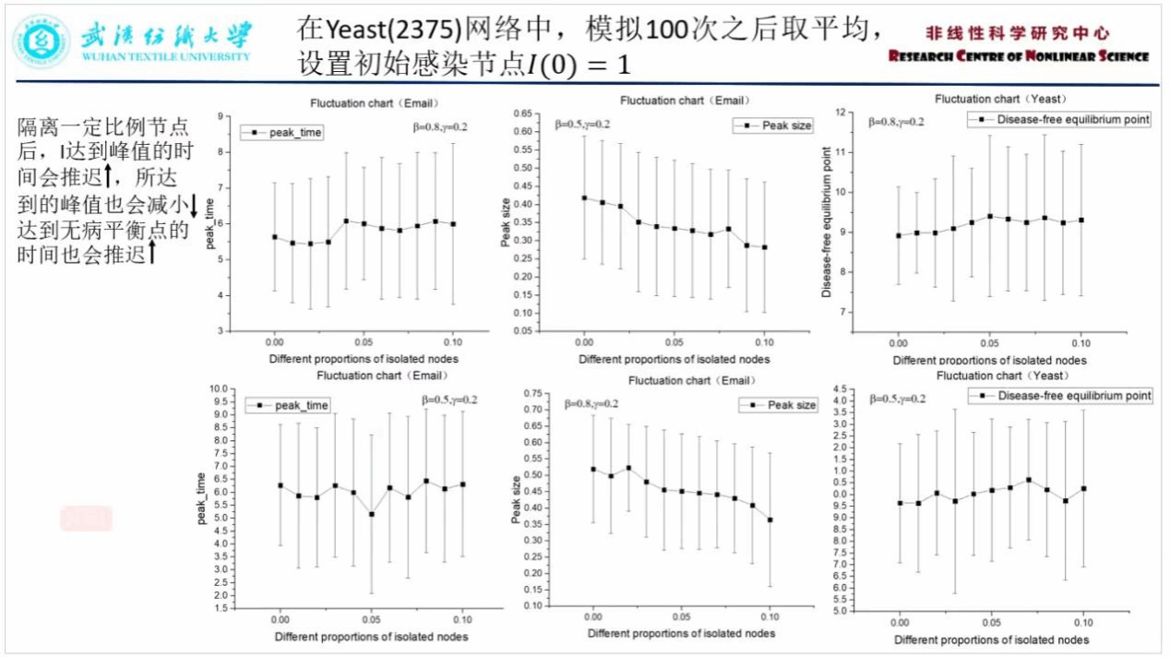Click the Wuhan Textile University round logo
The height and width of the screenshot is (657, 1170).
(x=42, y=42)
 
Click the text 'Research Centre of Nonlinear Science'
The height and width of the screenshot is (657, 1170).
(x=1019, y=56)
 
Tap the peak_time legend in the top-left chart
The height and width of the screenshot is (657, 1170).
(x=282, y=133)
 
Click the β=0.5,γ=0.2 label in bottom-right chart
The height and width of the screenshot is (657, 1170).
(x=898, y=399)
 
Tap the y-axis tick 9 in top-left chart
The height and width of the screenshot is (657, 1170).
(x=221, y=116)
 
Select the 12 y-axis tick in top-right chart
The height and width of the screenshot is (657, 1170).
(x=840, y=112)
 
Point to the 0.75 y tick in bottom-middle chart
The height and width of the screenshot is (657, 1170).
(x=533, y=394)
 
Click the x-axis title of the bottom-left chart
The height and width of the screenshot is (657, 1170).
(x=370, y=637)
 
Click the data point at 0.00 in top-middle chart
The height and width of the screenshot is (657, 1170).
(x=584, y=197)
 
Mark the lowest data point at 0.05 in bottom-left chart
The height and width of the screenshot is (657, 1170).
(x=371, y=514)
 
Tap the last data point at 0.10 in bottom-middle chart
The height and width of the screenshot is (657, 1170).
(x=770, y=520)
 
